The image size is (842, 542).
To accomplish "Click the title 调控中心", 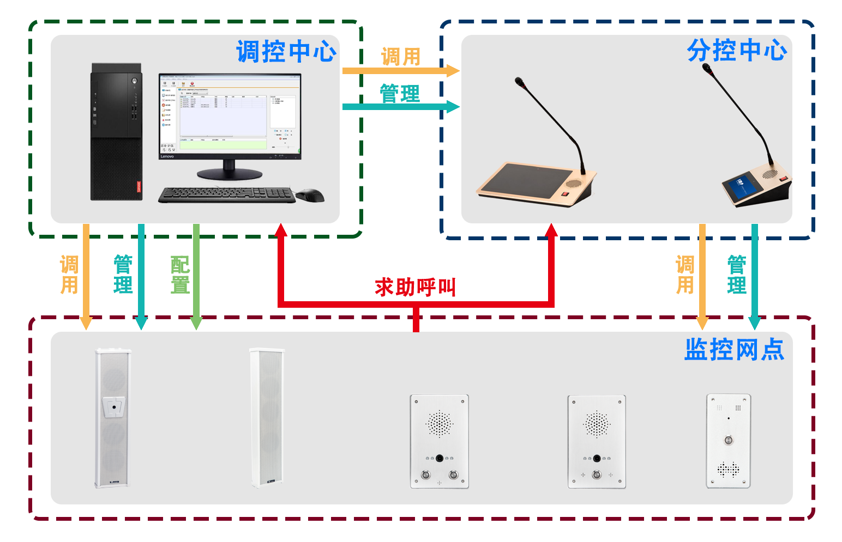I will pyautogui.click(x=286, y=52).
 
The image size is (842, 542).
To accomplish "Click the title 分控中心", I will pyautogui.click(x=736, y=51).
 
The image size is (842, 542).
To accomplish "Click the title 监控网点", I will pyautogui.click(x=734, y=349).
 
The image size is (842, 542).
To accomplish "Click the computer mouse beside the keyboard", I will pyautogui.click(x=310, y=195).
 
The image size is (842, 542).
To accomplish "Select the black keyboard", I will pyautogui.click(x=226, y=195).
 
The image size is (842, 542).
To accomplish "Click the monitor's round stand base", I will pyautogui.click(x=229, y=174).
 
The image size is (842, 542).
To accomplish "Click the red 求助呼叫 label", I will pyautogui.click(x=412, y=287).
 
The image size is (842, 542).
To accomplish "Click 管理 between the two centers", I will pyautogui.click(x=400, y=93).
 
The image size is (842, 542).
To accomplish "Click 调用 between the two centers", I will pyautogui.click(x=401, y=56).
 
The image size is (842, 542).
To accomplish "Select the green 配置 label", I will pyautogui.click(x=181, y=275).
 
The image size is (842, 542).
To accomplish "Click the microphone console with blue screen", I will pyautogui.click(x=756, y=188).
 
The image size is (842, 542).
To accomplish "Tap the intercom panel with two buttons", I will pyautogui.click(x=439, y=441).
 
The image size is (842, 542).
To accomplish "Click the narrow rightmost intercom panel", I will pyautogui.click(x=729, y=441).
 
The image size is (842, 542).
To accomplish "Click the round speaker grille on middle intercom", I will pyautogui.click(x=597, y=424).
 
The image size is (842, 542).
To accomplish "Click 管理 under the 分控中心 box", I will pyautogui.click(x=736, y=275).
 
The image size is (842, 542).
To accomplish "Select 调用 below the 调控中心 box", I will pyautogui.click(x=69, y=275).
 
